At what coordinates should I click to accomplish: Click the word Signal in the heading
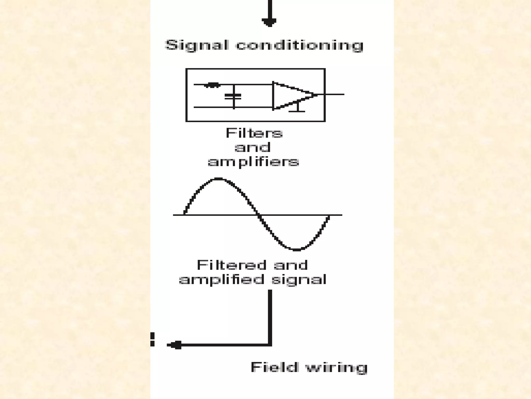(x=197, y=45)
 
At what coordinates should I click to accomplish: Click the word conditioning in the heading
(x=299, y=45)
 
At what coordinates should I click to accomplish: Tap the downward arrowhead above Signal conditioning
(x=269, y=22)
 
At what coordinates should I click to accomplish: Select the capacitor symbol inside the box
(x=233, y=97)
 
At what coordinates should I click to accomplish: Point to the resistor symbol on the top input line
(x=212, y=85)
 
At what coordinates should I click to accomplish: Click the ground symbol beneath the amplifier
(x=297, y=109)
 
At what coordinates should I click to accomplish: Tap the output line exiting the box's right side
(x=334, y=94)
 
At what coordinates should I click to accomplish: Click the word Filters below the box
(x=254, y=134)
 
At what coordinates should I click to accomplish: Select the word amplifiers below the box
(x=253, y=162)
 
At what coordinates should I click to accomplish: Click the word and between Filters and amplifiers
(x=253, y=148)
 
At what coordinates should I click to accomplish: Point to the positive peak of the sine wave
(x=218, y=179)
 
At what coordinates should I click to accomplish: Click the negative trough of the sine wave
(x=296, y=250)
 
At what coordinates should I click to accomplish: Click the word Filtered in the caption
(x=232, y=265)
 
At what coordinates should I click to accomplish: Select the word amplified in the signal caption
(x=222, y=280)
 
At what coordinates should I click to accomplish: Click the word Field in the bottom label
(x=274, y=367)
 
